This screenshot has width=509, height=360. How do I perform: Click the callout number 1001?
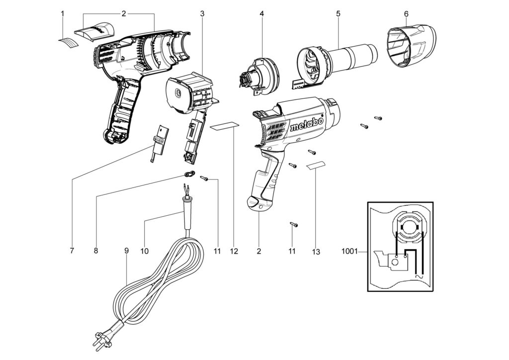tap(349, 252)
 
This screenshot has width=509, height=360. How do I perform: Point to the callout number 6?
tap(406, 13)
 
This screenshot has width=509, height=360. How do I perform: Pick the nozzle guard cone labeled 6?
tap(411, 46)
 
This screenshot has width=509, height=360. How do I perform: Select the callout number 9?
tap(126, 251)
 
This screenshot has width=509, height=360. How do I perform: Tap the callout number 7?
tap(72, 251)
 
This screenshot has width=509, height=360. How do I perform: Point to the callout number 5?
tap(338, 13)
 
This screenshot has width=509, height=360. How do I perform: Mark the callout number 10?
tap(144, 251)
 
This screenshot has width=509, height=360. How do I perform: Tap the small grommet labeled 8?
tap(188, 174)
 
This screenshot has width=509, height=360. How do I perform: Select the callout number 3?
tap(202, 13)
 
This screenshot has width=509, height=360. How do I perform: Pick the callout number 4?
tap(261, 13)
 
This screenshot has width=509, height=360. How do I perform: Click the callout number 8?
tap(96, 251)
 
